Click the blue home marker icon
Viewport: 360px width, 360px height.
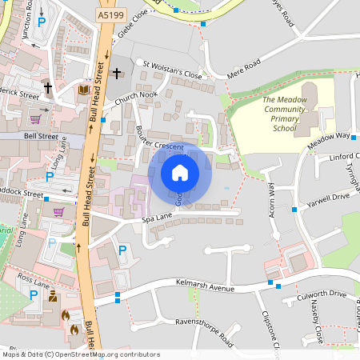(x=180, y=173)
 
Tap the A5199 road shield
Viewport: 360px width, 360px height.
(x=110, y=14)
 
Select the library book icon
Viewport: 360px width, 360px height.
(x=82, y=90)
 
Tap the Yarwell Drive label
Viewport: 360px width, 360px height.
(x=329, y=195)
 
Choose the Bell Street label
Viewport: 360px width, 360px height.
(x=41, y=137)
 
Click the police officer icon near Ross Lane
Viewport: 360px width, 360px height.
(x=53, y=297)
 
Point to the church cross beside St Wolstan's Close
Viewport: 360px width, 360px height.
(x=117, y=74)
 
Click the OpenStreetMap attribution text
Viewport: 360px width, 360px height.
(x=80, y=354)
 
